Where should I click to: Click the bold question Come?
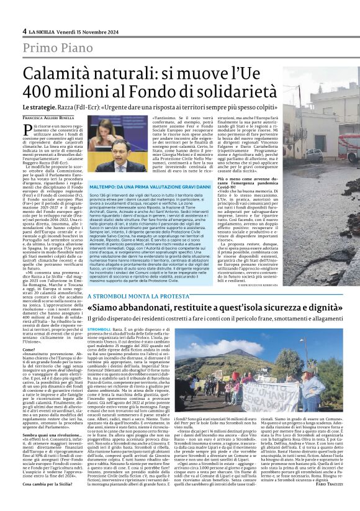point(29,350)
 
